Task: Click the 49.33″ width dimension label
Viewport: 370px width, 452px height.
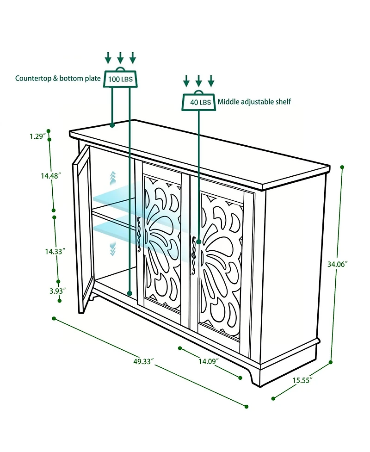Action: click(143, 361)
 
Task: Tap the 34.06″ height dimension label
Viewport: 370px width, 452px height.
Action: click(338, 264)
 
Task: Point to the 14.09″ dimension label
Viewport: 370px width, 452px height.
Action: click(209, 361)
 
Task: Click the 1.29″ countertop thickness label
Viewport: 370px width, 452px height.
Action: click(38, 136)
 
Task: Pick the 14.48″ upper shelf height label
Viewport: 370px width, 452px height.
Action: click(51, 175)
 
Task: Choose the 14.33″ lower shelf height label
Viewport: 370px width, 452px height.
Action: click(55, 251)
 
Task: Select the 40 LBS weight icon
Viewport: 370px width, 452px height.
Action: click(198, 100)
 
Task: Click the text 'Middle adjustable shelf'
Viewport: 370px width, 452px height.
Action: click(254, 102)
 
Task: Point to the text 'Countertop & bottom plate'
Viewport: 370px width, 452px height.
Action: click(58, 78)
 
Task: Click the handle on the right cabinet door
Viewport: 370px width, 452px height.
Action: click(193, 254)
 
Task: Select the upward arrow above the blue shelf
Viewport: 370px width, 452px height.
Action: click(113, 179)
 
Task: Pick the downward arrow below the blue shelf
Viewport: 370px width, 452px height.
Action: click(113, 249)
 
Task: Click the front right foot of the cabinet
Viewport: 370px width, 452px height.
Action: click(255, 376)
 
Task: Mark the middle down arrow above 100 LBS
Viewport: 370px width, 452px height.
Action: click(120, 57)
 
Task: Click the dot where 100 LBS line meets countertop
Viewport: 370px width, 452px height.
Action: click(112, 125)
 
